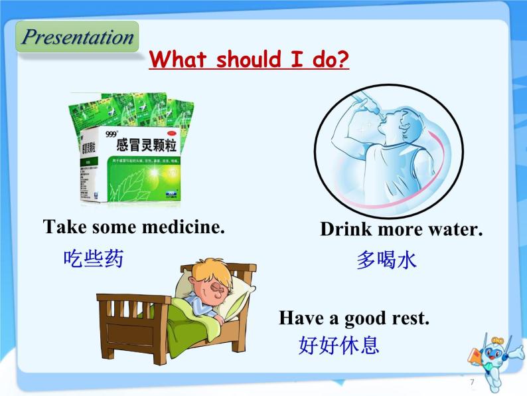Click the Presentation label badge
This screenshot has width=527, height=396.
click(77, 37)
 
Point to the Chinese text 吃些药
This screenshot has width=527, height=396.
click(94, 258)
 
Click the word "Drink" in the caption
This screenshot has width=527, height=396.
click(344, 230)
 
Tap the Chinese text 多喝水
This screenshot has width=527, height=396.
click(386, 260)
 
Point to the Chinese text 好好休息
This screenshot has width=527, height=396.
click(339, 346)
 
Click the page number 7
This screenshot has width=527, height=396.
click(472, 382)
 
